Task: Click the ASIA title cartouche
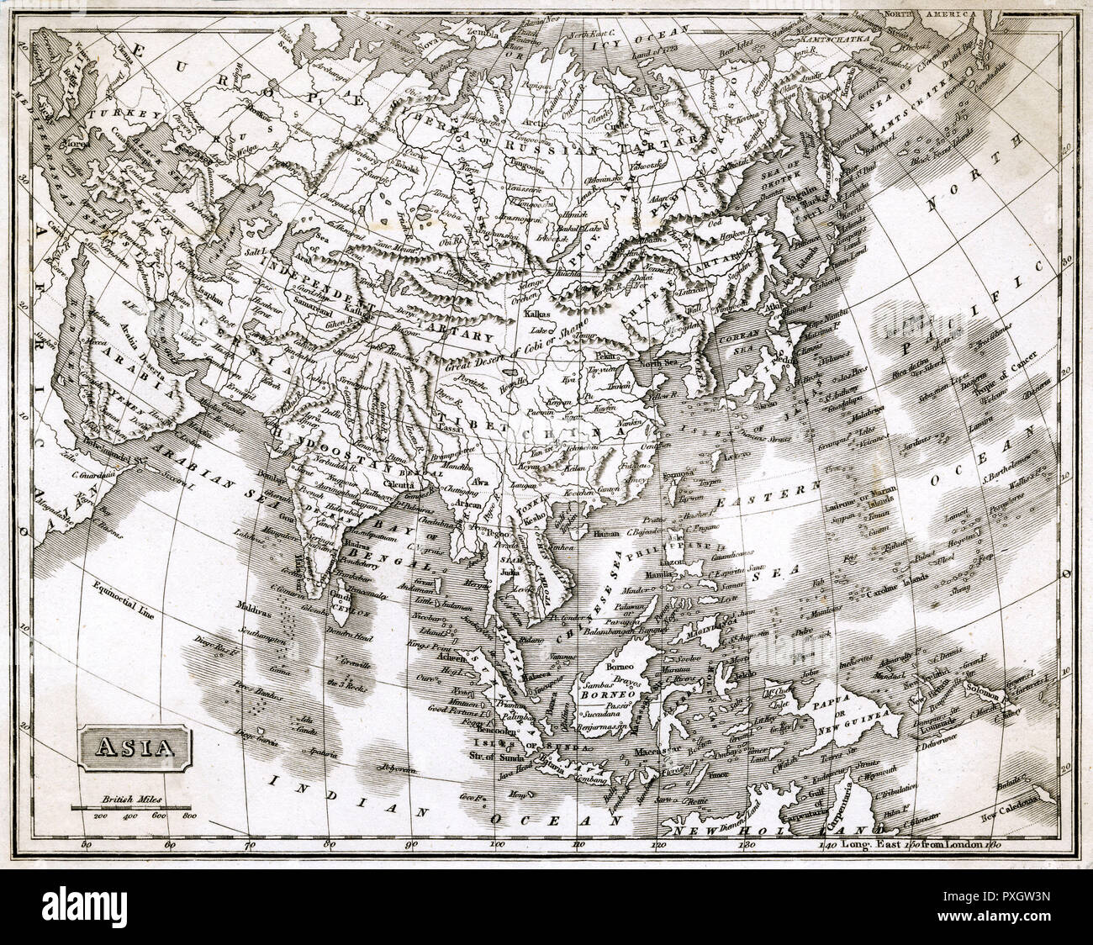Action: tap(135, 745)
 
